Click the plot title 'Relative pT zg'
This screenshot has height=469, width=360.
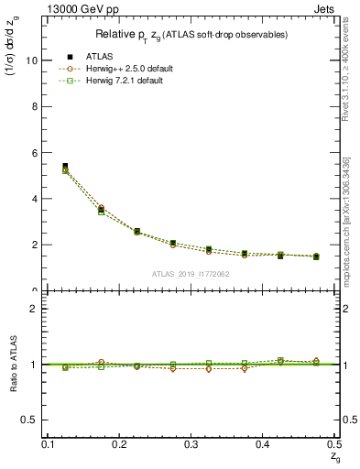tap(191, 34)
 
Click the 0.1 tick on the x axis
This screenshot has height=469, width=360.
tap(50, 444)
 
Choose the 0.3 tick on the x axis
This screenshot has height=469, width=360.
tap(191, 444)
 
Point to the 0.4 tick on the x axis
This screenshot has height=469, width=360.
tap(262, 444)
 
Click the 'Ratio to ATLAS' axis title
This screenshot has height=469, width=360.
tap(13, 365)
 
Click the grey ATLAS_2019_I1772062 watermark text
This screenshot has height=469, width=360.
tap(191, 274)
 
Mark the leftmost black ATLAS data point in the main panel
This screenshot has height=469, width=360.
tap(65, 166)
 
